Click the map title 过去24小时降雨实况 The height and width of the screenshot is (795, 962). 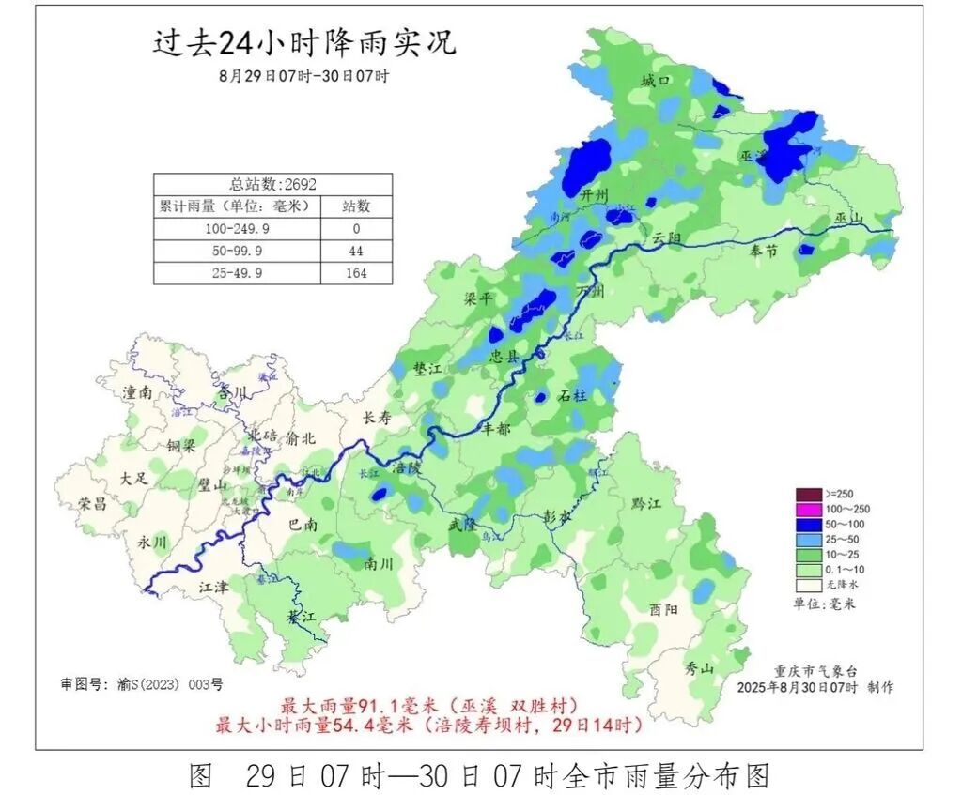point(303,43)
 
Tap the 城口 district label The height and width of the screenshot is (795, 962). point(655,82)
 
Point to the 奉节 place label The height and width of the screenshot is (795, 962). point(765,251)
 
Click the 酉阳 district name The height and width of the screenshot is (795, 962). point(663,608)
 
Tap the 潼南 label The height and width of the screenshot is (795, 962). point(137,393)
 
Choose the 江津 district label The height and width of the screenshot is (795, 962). point(213,587)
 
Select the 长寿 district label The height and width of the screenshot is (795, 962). point(376,419)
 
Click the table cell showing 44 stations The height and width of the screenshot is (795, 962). point(355,252)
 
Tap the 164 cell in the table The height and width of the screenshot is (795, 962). point(355,273)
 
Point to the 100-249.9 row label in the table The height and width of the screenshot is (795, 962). point(236,229)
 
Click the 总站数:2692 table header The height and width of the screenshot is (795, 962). point(272,184)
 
